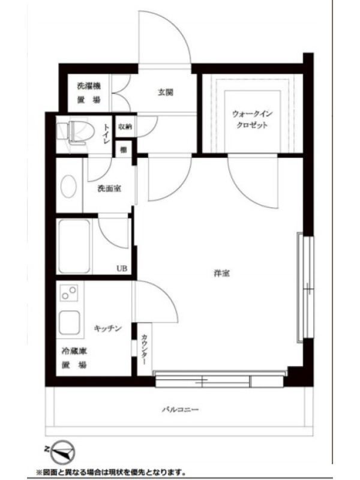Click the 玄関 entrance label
[x=166, y=92]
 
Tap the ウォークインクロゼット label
[x=252, y=119]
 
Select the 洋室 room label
[x=221, y=273]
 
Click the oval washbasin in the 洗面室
[x=68, y=186]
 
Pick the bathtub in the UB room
[x=74, y=246]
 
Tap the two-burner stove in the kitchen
[x=68, y=293]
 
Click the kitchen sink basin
[x=70, y=323]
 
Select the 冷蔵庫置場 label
[x=74, y=358]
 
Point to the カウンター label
[x=144, y=349]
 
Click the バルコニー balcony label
[x=181, y=409]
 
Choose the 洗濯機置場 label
[x=89, y=92]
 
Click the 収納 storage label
[x=125, y=126]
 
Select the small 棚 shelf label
[x=123, y=149]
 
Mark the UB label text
[x=122, y=268]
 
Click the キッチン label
[x=108, y=328]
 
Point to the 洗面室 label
[x=109, y=188]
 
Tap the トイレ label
[x=107, y=134]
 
